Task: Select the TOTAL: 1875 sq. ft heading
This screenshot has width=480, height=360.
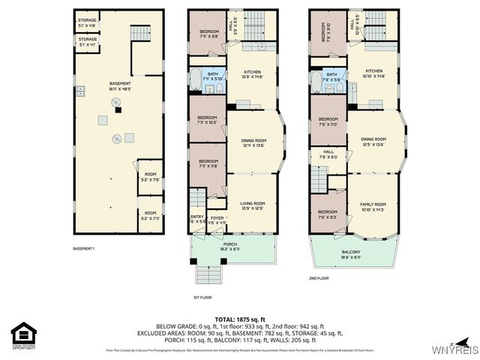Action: tap(240, 318)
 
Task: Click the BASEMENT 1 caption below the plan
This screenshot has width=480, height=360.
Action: tap(83, 248)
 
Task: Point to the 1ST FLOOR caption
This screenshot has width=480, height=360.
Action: tap(201, 297)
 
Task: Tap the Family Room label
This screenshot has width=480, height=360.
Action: tap(373, 206)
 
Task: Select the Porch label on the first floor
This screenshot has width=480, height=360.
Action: tap(230, 246)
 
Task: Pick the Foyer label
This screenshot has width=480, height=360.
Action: tap(217, 220)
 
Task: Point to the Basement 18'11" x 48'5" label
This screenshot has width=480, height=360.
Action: tap(120, 85)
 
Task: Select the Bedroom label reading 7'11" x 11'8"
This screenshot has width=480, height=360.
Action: tap(207, 164)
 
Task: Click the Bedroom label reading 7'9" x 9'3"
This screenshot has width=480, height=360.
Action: tap(328, 214)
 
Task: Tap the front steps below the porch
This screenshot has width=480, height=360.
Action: tap(211, 274)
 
